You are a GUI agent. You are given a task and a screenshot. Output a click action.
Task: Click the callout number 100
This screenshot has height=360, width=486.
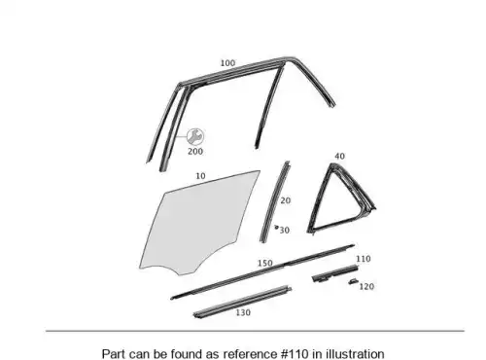point(227,63)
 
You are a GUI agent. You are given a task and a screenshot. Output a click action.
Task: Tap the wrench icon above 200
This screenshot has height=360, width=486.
point(195,136)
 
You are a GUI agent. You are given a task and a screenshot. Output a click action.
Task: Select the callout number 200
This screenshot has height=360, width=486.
point(195,151)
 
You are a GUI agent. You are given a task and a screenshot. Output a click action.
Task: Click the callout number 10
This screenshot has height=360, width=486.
point(200,176)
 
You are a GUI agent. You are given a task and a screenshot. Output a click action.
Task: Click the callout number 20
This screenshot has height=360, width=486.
point(286,200)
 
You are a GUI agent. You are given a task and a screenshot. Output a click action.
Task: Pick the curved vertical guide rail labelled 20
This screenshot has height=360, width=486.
point(274,202)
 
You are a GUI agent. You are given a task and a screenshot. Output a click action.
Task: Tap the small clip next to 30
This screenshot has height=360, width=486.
point(276,227)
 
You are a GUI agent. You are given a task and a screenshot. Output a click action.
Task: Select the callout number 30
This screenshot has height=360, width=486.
point(285,231)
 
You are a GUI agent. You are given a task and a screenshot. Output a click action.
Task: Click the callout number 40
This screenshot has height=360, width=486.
point(339,157)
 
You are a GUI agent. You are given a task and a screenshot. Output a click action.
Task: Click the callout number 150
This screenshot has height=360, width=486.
point(265,263)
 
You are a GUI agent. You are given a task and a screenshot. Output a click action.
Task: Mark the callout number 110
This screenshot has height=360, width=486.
point(364,259)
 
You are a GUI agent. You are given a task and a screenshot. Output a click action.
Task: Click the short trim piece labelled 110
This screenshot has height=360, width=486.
point(335,273)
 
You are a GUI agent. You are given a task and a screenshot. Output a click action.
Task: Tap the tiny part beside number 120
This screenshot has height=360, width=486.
point(353,281)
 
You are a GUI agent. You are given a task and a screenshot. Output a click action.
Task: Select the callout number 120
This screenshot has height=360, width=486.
point(366,286)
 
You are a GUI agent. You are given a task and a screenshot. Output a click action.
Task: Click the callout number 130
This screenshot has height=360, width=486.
point(243,312)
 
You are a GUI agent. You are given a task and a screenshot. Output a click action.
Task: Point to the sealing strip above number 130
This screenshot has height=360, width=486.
point(242,302)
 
